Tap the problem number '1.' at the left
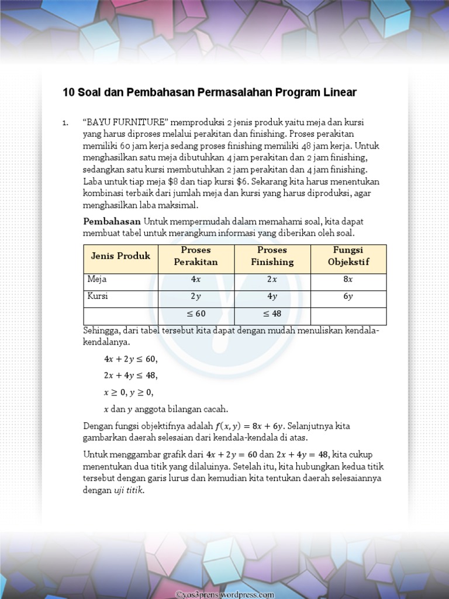coord(66,123)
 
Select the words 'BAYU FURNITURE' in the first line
coord(126,122)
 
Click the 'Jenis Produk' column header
coord(120,256)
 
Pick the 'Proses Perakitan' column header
coord(196,256)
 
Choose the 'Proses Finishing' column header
coord(272,256)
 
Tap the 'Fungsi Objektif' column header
coord(348,256)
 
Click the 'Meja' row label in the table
coord(97,279)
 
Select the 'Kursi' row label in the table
coord(98,296)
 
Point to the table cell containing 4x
coord(196,280)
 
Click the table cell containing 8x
coord(348,280)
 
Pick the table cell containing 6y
coord(348,297)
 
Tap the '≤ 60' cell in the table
coord(196,314)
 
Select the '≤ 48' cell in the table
coord(272,314)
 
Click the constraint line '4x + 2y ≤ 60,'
coord(130,359)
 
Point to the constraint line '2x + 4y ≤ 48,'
coord(130,375)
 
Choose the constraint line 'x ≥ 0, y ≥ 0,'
coord(129,392)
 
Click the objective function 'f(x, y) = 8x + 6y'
coord(248,426)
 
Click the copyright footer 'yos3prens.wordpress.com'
coord(225,594)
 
